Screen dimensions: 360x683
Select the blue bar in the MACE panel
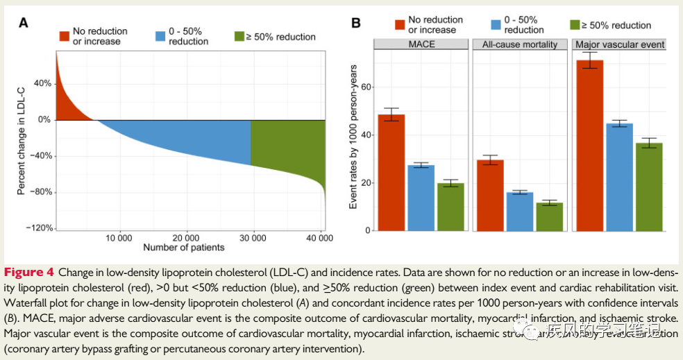tap(421, 198)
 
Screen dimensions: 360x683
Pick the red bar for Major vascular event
tap(590, 146)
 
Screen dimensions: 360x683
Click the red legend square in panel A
tap(65, 36)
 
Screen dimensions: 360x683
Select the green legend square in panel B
tap(574, 26)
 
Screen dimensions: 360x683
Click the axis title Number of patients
tap(184, 248)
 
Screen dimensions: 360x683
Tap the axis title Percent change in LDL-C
tap(22, 139)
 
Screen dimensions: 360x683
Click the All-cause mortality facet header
tap(520, 44)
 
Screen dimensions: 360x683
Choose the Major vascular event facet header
tap(620, 44)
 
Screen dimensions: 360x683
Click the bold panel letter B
tap(356, 24)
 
